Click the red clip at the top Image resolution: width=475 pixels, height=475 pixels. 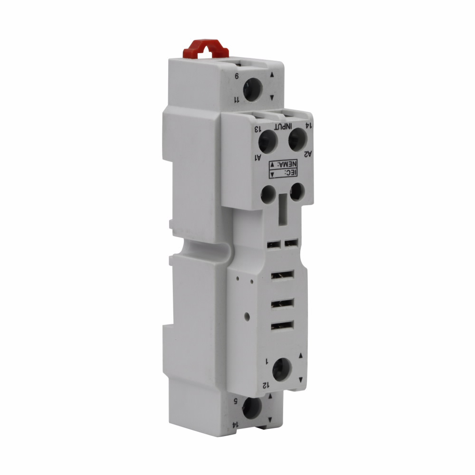[205, 49]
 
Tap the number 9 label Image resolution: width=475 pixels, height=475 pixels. [237, 76]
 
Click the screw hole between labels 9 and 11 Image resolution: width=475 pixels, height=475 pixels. [253, 89]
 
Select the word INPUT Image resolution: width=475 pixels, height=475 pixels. [283, 126]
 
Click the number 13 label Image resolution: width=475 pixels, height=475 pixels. [257, 129]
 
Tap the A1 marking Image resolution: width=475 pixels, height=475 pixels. [258, 157]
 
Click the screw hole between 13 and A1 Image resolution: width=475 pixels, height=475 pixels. [268, 142]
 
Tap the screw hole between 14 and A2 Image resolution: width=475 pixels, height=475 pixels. [298, 139]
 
